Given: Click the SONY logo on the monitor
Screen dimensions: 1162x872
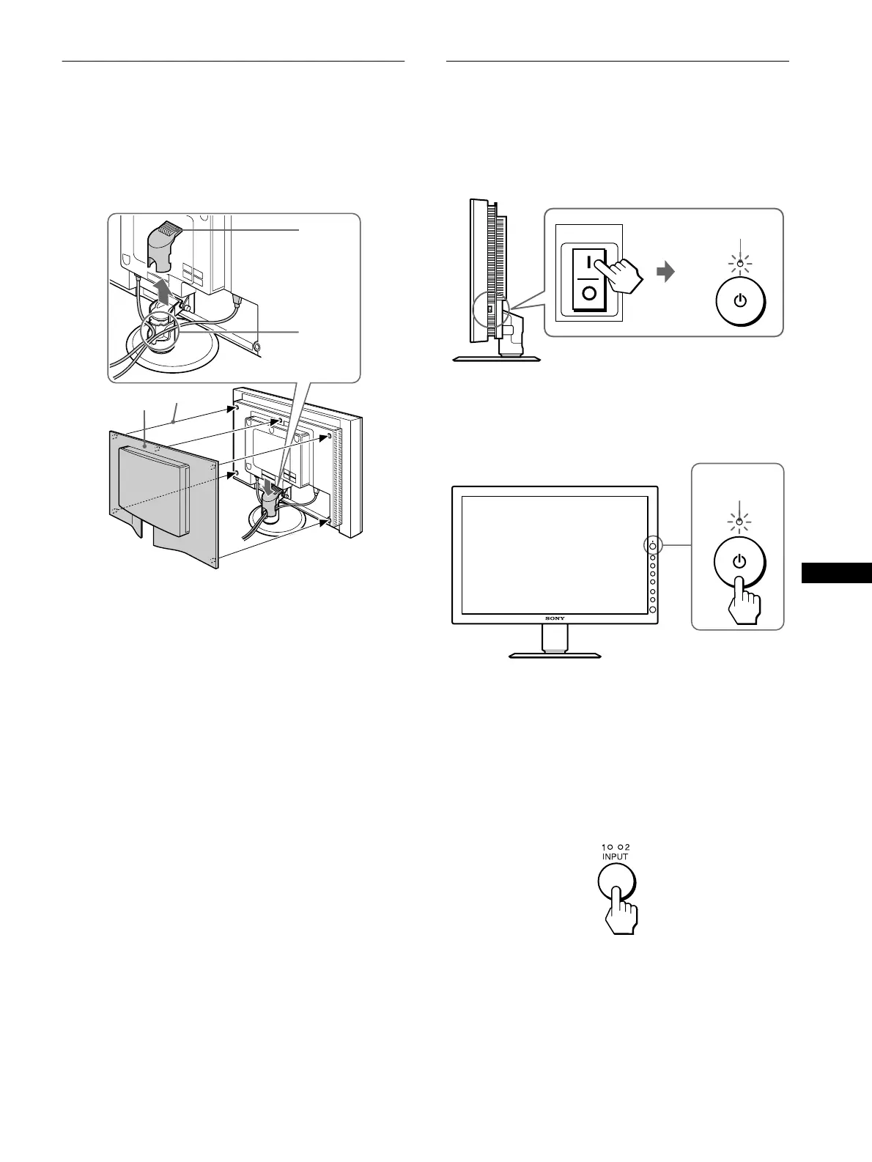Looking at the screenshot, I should click(555, 619).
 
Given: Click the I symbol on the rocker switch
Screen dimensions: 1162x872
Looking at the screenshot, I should click(588, 262).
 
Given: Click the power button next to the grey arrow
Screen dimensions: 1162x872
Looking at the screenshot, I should click(739, 300).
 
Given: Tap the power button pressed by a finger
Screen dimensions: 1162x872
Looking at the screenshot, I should click(739, 562).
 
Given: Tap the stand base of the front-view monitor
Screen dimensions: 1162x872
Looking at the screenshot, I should click(555, 654).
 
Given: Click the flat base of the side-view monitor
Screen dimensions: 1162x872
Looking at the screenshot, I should click(498, 358).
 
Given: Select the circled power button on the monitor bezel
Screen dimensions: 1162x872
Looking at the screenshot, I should click(652, 547).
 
